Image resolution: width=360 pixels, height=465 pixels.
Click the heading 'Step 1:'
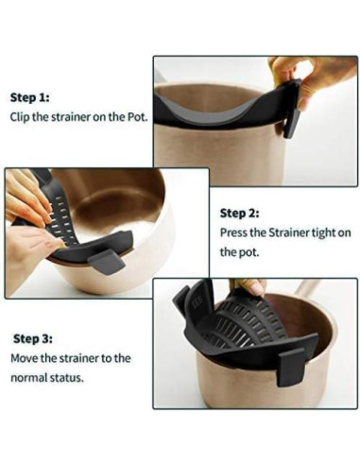[29, 97]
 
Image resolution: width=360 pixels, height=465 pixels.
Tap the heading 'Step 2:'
[239, 214]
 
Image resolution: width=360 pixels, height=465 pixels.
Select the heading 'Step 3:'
[33, 339]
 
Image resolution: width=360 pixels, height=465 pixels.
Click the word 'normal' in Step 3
[29, 378]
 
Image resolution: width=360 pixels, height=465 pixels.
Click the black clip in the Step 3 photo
[290, 367]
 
